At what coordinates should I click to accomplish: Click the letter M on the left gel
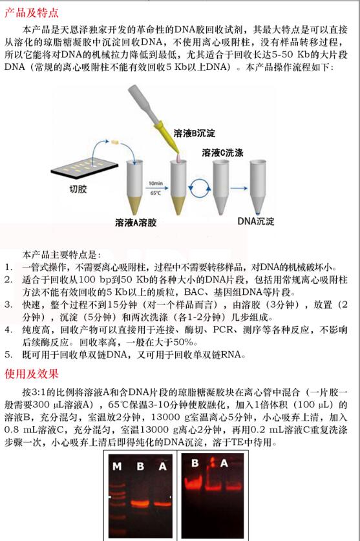coord(117,467)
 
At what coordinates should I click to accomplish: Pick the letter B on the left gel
coord(140,466)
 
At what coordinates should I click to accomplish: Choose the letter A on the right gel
coord(224,463)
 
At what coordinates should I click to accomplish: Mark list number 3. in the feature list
coord(8,304)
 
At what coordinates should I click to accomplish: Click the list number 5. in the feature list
coord(8,354)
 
